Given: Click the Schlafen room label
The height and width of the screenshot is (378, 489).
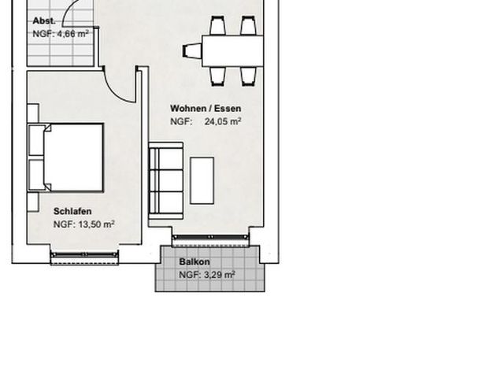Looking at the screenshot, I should pos(72,211).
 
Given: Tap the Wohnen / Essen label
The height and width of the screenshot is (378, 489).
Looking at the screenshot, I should pos(206,109).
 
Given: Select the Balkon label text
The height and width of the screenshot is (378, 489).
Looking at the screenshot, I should pos(194,261).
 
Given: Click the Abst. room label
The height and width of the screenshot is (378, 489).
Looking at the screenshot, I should pos(43,21).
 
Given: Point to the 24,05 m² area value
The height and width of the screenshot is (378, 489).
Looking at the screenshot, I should pos(223,122).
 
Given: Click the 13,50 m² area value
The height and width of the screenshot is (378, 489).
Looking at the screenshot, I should pos(94,224).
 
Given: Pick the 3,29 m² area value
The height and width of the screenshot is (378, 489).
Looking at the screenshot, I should pos(219,275).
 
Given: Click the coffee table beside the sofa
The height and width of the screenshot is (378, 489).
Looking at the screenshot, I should pos(202,178).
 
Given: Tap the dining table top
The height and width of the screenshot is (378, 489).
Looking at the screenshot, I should pos(232,51).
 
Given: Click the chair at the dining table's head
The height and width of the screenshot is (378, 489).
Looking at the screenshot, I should pos(192,51).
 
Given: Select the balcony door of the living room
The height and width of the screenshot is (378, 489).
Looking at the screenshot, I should pos(209,236).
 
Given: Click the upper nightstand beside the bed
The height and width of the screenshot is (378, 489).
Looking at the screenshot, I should pos(32,113).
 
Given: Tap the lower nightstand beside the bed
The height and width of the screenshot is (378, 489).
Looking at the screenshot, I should pos(32,202).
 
